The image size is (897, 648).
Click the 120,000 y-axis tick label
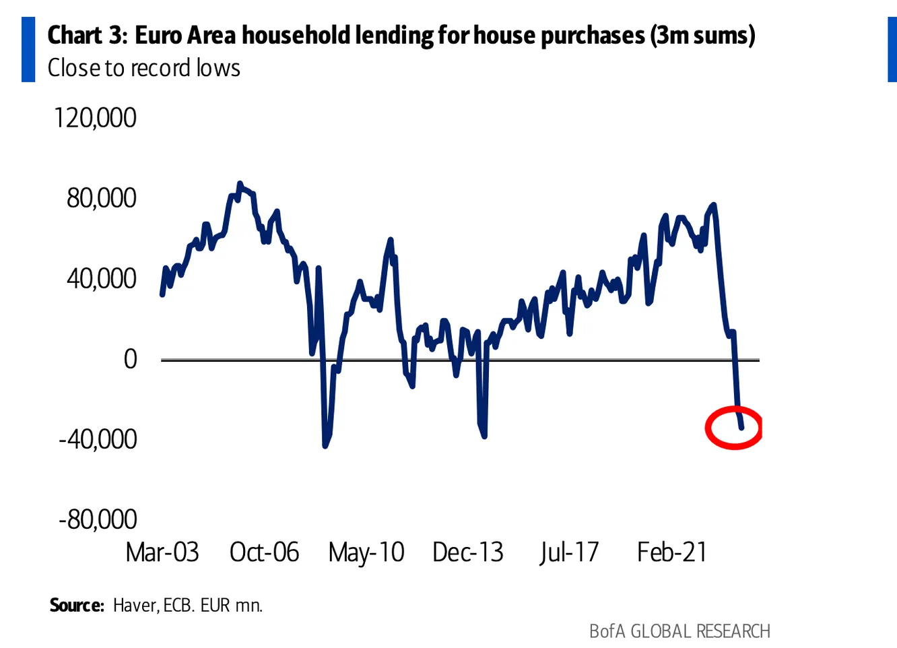pyautogui.click(x=95, y=118)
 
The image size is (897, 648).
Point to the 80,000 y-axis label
pyautogui.click(x=101, y=198)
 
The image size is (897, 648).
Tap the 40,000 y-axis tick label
pyautogui.click(x=101, y=278)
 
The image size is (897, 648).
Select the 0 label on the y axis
pyautogui.click(x=130, y=358)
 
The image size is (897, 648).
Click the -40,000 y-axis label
pyautogui.click(x=98, y=439)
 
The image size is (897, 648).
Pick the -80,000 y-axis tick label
pyautogui.click(x=98, y=519)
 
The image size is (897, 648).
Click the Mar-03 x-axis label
pyautogui.click(x=162, y=552)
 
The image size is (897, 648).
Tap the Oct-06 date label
pyautogui.click(x=264, y=552)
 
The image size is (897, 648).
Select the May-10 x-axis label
pyautogui.click(x=366, y=552)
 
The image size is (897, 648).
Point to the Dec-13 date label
pyautogui.click(x=468, y=552)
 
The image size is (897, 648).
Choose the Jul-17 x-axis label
pyautogui.click(x=569, y=552)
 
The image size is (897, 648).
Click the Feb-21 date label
pyautogui.click(x=672, y=552)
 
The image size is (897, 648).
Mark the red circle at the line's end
pyautogui.click(x=733, y=428)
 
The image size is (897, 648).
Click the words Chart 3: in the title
pyautogui.click(x=87, y=35)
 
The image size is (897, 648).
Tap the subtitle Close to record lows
pyautogui.click(x=144, y=68)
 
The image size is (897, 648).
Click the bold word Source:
pyautogui.click(x=77, y=605)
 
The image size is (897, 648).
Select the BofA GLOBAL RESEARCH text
pyautogui.click(x=679, y=631)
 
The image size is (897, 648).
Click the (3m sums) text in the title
pyautogui.click(x=702, y=35)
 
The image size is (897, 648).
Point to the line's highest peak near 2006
pyautogui.click(x=240, y=184)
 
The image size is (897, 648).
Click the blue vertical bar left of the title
pyautogui.click(x=28, y=50)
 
